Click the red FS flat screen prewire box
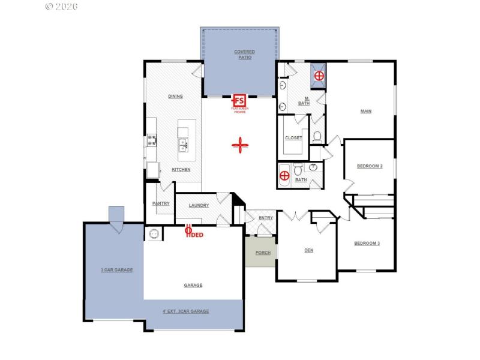[x=239, y=100]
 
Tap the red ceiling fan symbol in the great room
[x=240, y=145]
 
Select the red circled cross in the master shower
[x=319, y=76]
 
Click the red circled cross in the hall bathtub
[x=284, y=176]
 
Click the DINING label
[x=175, y=96]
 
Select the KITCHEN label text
[x=181, y=170]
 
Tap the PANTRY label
[x=161, y=203]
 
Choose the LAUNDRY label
[x=199, y=206]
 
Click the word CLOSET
[x=293, y=137]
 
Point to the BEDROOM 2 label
[x=370, y=166]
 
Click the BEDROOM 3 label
[x=366, y=243]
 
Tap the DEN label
[x=308, y=251]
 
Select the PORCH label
[x=263, y=253]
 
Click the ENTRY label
[x=266, y=218]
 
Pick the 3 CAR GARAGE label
[x=116, y=270]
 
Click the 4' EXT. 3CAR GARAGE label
[x=186, y=311]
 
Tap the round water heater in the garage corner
[x=154, y=233]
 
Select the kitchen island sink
[x=184, y=144]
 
